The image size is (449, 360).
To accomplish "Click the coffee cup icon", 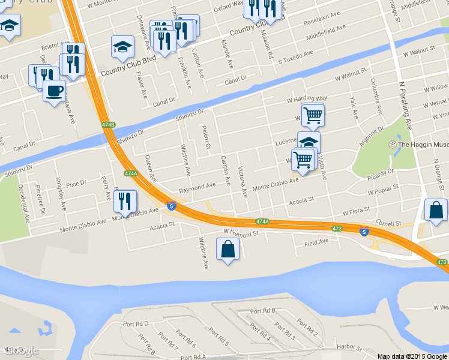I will point(54,91).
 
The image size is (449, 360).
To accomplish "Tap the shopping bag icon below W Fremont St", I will point(228,249).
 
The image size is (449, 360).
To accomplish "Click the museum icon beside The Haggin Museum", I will point(392,145).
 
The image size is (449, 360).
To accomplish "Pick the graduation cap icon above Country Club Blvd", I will point(122,47).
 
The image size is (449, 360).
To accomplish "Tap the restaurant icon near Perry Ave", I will point(125,201).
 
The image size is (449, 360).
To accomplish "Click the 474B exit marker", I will point(108,125).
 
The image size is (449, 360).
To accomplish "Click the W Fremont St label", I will point(240,231).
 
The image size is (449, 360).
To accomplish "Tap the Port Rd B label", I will point(263,311).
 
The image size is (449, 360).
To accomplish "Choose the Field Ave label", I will point(316,242).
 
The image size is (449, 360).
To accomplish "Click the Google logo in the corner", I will point(22,350).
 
